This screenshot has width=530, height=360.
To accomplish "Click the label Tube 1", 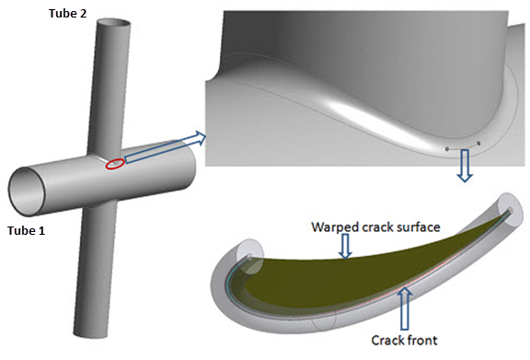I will click(x=28, y=230).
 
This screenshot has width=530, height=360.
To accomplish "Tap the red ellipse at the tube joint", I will click(x=116, y=164).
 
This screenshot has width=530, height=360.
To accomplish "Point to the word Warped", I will click(x=335, y=226).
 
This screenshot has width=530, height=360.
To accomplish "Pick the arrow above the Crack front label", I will click(x=402, y=308).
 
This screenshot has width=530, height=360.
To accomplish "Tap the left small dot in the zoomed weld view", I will click(x=448, y=148).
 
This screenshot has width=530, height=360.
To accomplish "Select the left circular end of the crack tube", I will click(x=242, y=261).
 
